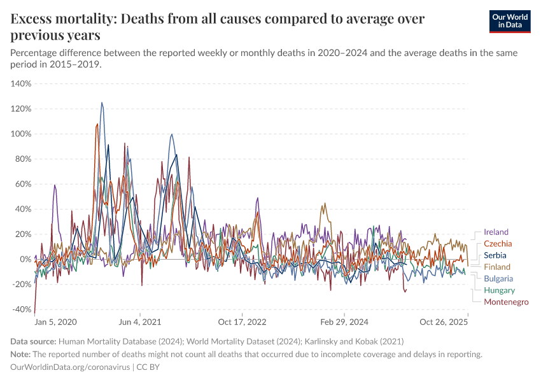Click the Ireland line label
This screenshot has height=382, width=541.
[x=496, y=232]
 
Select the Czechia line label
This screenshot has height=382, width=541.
[x=498, y=244]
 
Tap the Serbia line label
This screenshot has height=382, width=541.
[x=495, y=255]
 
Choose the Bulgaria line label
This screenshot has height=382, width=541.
[x=498, y=278]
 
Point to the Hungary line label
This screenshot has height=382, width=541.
[x=499, y=290]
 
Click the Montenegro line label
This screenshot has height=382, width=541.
[x=506, y=302]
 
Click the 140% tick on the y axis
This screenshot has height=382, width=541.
[x=21, y=83]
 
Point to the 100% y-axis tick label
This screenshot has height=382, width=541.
[x=21, y=134]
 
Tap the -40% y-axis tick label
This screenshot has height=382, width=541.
[x=21, y=309]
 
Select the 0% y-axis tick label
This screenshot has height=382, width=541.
[x=25, y=259]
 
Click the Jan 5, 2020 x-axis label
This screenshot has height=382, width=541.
[x=55, y=322]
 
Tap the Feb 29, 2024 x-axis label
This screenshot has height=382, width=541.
[x=344, y=322]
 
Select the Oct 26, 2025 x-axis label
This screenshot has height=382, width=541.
[x=444, y=322]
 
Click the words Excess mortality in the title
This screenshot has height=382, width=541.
[x=60, y=19]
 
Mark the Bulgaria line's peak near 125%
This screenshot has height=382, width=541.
[x=102, y=103]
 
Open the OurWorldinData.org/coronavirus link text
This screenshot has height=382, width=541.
[x=70, y=367]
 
